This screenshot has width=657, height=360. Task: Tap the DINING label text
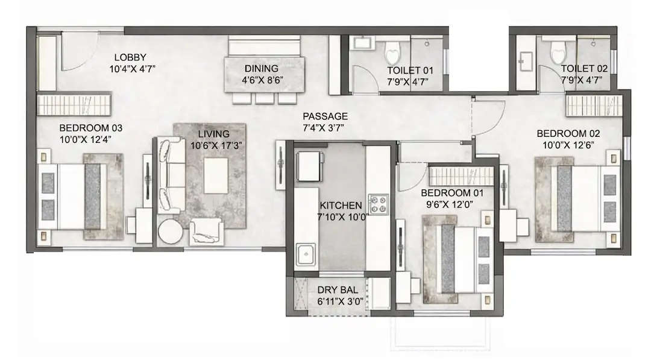point(261,68)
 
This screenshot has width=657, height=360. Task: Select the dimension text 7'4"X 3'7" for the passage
point(325,127)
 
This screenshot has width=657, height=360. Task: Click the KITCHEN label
point(341,205)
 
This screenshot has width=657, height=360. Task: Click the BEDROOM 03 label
point(91,128)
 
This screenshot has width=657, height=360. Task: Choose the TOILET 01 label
point(410,69)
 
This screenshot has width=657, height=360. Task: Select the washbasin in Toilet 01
point(362,43)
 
